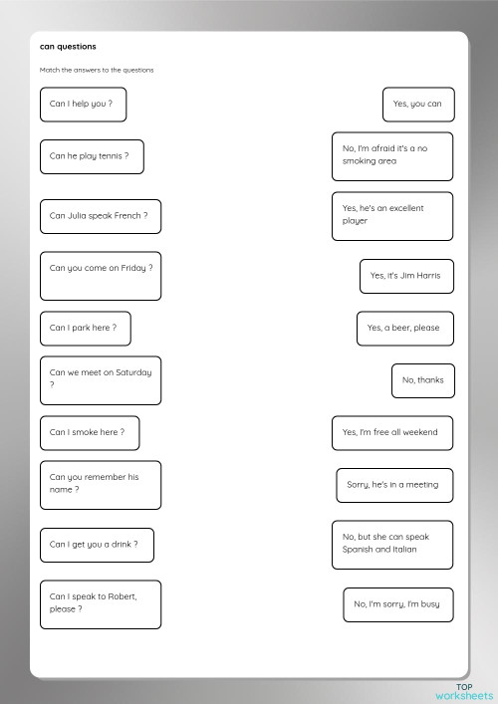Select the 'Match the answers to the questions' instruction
(x=97, y=70)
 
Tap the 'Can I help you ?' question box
(x=83, y=104)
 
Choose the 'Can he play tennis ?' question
(x=91, y=156)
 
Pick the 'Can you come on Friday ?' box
(x=101, y=276)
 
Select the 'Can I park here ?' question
(x=85, y=327)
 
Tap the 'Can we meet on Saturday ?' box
(x=100, y=379)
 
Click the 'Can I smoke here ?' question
(x=89, y=432)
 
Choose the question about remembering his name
(x=100, y=483)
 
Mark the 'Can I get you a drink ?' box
(x=97, y=545)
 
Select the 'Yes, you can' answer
(x=417, y=104)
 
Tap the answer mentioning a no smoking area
(x=391, y=155)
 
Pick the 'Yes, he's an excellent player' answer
(x=391, y=215)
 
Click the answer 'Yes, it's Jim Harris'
(x=405, y=276)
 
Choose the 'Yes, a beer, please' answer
(x=403, y=328)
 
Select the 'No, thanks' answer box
(x=422, y=379)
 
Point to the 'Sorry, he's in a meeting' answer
(x=392, y=485)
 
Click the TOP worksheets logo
(x=463, y=690)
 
